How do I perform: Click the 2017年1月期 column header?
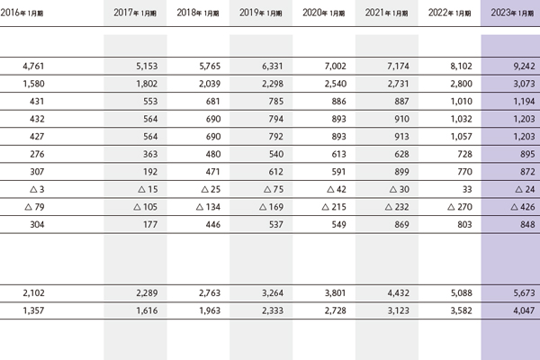pos(135,13)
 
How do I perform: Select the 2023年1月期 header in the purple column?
pos(512,13)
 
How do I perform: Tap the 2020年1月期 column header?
pos(324,13)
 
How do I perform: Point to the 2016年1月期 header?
pos(22,13)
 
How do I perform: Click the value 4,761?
pos(33,66)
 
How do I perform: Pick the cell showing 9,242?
pos(524,66)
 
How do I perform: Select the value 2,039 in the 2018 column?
pos(210,84)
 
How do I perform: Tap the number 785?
pos(276,102)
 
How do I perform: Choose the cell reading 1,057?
pos(462,137)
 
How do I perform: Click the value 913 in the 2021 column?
pos(402,137)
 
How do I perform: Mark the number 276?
pos(37,154)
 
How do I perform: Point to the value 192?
pos(150,172)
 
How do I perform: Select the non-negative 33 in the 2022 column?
pos(467,189)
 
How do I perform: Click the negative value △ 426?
pos(523,207)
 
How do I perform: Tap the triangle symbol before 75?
pos(267,189)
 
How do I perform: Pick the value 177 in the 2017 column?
pos(150,224)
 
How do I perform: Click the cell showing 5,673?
pos(524,292)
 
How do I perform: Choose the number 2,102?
pos(33,292)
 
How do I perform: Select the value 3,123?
pos(399,310)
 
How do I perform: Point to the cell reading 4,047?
pos(524,310)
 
